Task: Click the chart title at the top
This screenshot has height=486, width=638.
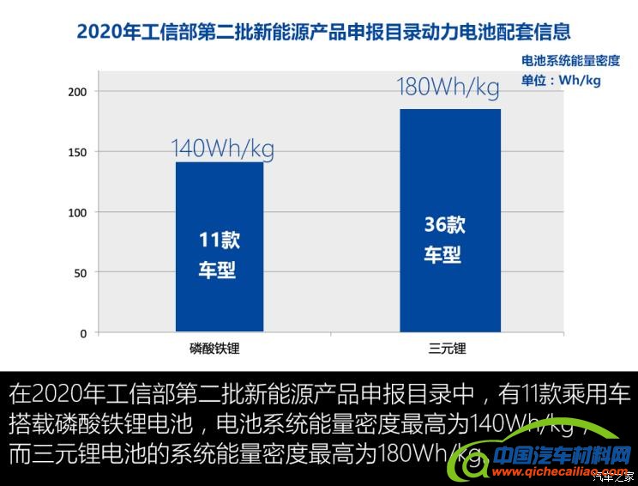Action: click(x=323, y=33)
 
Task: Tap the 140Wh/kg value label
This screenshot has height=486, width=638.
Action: click(x=222, y=149)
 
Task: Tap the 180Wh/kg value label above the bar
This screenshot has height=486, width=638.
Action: click(x=448, y=88)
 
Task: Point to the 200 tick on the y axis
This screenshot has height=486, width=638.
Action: click(x=78, y=91)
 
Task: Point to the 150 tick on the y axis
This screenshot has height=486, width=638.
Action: click(x=78, y=152)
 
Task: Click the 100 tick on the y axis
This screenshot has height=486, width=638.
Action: click(x=78, y=212)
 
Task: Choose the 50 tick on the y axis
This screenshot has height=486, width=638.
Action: click(x=81, y=273)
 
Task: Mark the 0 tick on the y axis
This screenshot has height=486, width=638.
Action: click(x=83, y=333)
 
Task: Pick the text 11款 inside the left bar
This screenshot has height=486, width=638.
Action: click(x=220, y=241)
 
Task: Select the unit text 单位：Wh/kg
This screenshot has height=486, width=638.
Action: click(x=561, y=81)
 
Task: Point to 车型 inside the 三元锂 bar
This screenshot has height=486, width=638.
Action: click(x=442, y=255)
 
